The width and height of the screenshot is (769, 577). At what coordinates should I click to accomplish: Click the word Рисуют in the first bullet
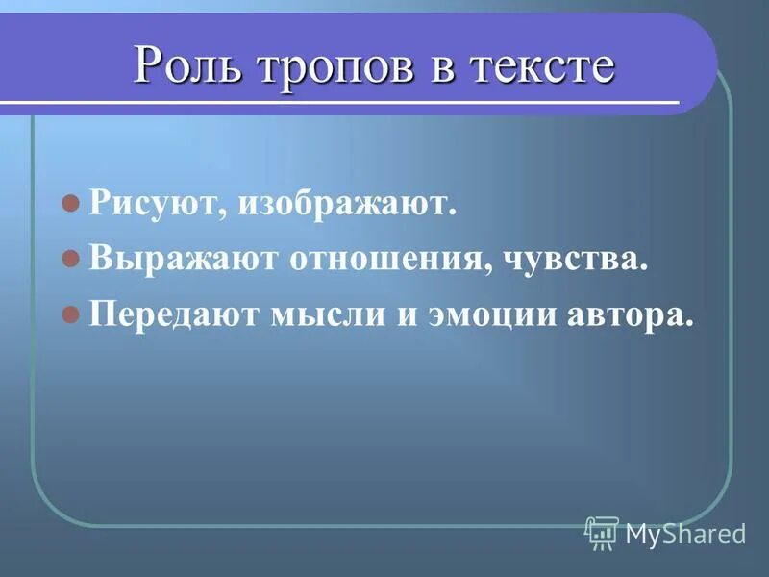pos(152,204)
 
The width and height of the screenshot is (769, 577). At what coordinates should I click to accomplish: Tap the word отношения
pos(377,261)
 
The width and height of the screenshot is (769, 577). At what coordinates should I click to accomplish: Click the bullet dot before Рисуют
pos(69,204)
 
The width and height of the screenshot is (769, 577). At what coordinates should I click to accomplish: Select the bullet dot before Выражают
pos(69,260)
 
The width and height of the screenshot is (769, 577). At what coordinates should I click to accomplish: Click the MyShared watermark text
pos(685,533)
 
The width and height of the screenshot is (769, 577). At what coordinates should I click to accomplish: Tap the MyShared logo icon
pos(602,532)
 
